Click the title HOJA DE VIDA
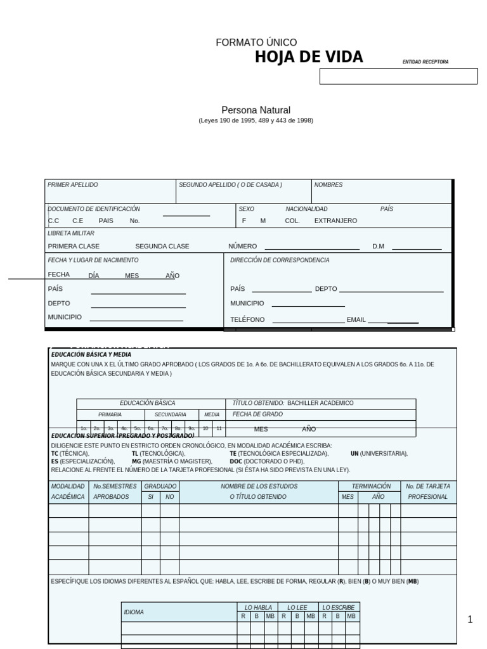point(309,58)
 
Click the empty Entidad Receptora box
point(398,77)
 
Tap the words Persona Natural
point(256,110)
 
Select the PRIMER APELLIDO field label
point(73,185)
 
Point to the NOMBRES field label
point(328,185)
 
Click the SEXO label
point(246,209)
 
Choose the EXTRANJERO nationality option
point(335,221)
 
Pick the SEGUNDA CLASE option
point(162,247)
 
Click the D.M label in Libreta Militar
point(379,247)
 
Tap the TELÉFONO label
point(247,320)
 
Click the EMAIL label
point(356,320)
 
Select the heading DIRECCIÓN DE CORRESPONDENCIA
point(280,260)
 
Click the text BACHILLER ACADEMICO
point(320,403)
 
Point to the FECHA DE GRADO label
point(257,414)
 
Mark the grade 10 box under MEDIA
point(205,428)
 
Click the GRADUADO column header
point(160,486)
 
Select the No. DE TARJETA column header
point(428,486)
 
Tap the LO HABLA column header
point(257,607)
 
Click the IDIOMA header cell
point(134,612)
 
